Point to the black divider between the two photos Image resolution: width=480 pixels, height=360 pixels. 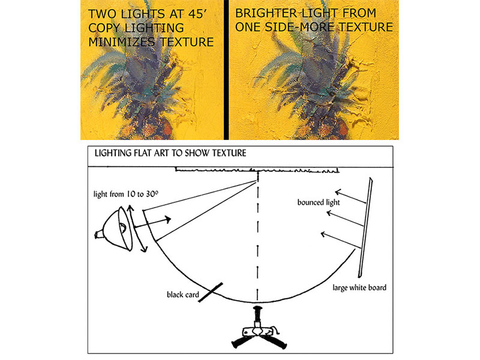(226, 70)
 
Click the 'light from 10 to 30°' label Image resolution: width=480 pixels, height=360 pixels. (126, 194)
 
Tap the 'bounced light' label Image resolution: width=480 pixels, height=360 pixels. (319, 202)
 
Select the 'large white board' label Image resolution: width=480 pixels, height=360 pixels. (359, 287)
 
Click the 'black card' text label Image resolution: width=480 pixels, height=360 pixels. (183, 295)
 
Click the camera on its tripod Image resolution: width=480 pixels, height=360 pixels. (259, 328)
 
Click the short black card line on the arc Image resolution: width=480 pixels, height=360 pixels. (211, 292)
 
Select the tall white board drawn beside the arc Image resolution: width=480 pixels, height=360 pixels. (365, 227)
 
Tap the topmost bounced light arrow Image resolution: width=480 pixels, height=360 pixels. (350, 197)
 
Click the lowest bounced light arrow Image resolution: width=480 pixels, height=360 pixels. (341, 241)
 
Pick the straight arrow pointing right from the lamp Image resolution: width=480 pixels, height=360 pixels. (152, 223)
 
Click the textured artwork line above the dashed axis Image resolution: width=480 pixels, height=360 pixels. (257, 170)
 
